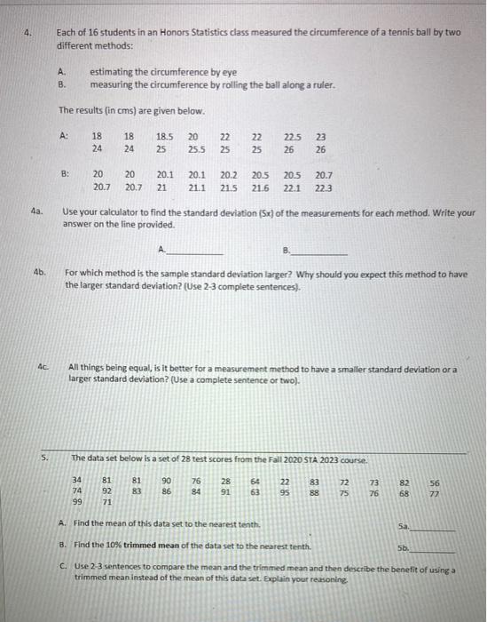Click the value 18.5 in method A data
(164, 137)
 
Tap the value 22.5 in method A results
(292, 137)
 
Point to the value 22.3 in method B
(324, 189)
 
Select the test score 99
(77, 502)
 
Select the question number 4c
(42, 364)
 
